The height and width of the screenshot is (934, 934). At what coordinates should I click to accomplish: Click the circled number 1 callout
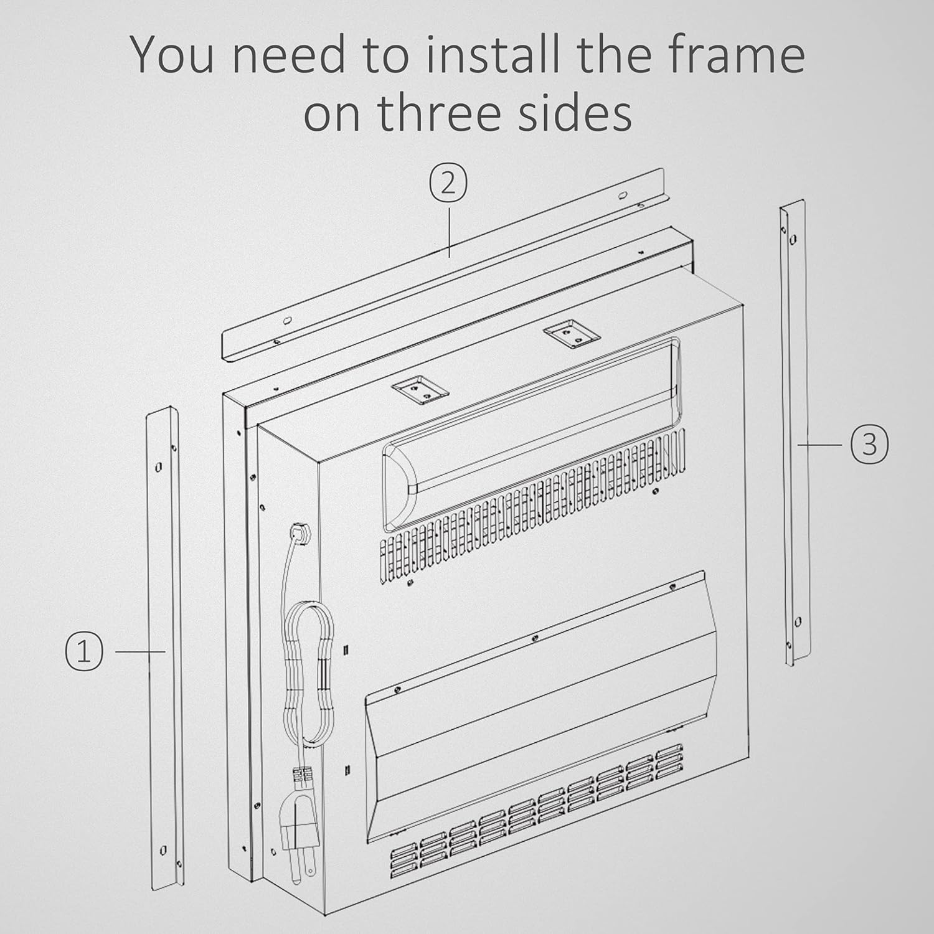pos(84,651)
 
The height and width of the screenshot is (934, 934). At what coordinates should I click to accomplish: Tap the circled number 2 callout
pos(448,186)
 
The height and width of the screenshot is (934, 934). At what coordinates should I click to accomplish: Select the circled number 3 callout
pos(869,445)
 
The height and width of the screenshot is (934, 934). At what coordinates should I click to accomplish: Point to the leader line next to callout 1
pos(141,651)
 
